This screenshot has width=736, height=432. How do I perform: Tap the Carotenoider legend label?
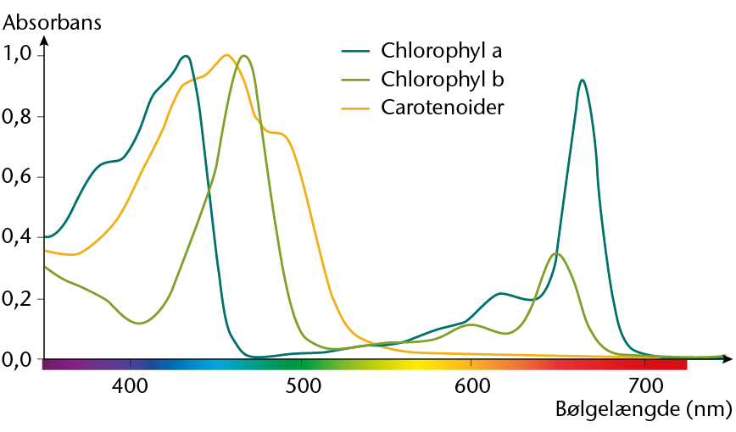[443, 108]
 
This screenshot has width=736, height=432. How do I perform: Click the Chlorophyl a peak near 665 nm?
[582, 80]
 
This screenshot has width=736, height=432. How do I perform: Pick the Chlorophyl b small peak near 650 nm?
[556, 253]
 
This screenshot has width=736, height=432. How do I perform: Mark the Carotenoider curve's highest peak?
[226, 55]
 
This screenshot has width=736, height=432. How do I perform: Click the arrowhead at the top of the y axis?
[44, 40]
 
